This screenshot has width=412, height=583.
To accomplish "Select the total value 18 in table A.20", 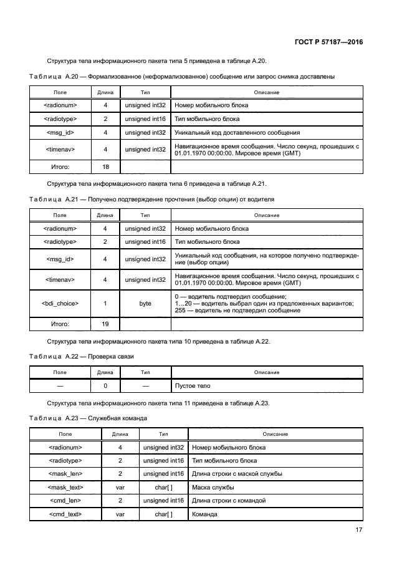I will (105, 167).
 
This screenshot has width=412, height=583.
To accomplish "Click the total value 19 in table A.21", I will (105, 324).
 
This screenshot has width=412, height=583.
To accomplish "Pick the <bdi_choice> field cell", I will (60, 304).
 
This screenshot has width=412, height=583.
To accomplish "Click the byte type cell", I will (145, 304).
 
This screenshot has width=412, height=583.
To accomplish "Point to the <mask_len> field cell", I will (65, 474).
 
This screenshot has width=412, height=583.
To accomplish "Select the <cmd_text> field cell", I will (65, 514).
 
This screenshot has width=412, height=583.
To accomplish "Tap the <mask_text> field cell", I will (65, 488).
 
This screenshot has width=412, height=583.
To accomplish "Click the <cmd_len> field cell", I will (65, 501).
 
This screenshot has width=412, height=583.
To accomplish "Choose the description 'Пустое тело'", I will (193, 386).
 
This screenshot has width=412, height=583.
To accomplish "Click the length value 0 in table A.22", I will (105, 386).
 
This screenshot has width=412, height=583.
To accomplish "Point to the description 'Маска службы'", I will (212, 488).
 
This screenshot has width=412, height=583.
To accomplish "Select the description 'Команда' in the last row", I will (205, 514).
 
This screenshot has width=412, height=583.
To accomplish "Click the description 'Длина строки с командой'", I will (229, 501).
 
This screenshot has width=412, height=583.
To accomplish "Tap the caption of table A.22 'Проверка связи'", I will (111, 356).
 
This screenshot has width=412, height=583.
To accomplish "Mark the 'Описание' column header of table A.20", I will (267, 92).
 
